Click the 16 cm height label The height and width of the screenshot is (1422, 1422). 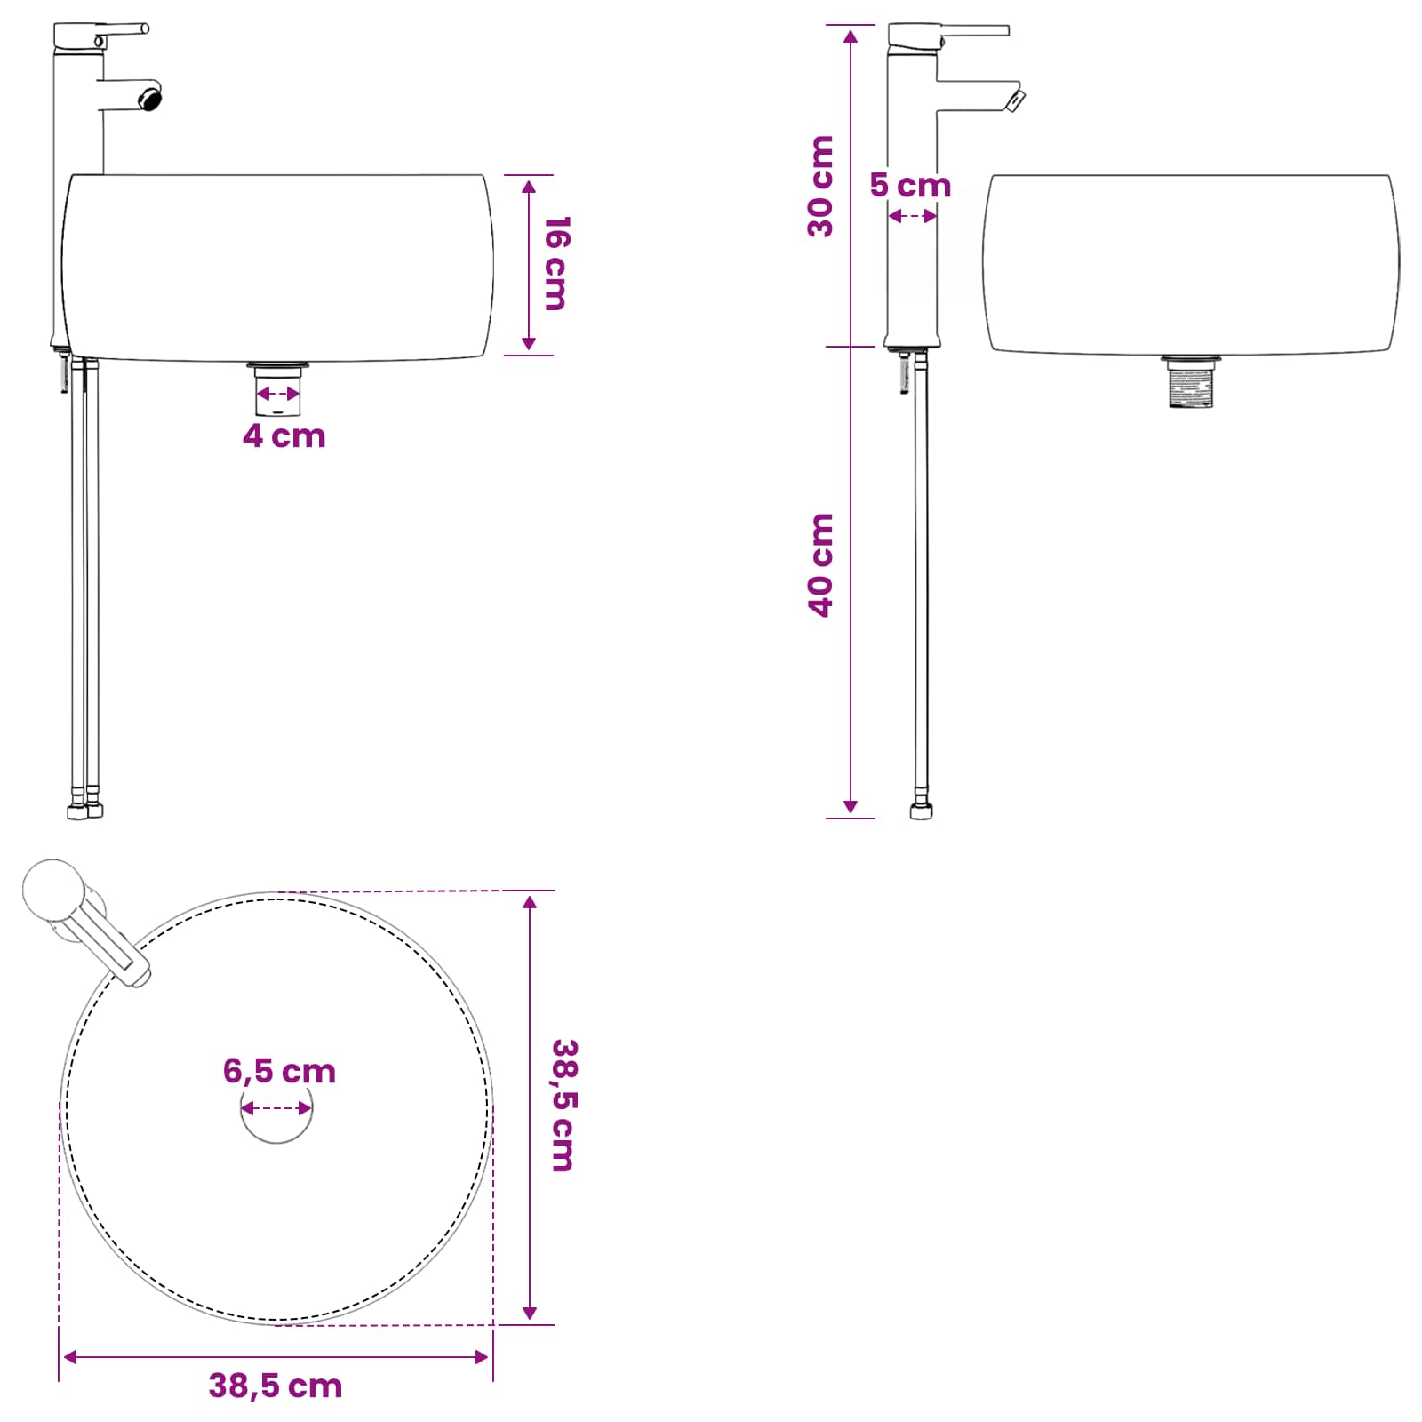click(x=556, y=263)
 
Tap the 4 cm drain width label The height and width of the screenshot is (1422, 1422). click(x=284, y=436)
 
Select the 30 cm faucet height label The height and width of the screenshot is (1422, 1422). click(x=821, y=187)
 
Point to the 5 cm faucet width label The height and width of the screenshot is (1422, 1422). click(x=910, y=185)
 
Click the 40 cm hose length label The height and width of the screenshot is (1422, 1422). click(x=821, y=565)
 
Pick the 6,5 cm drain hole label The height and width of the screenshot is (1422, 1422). click(x=279, y=1072)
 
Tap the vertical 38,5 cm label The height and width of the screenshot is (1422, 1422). click(x=564, y=1106)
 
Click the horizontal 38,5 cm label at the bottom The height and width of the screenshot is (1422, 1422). click(x=276, y=1386)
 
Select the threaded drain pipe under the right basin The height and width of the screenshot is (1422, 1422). click(x=1191, y=382)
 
